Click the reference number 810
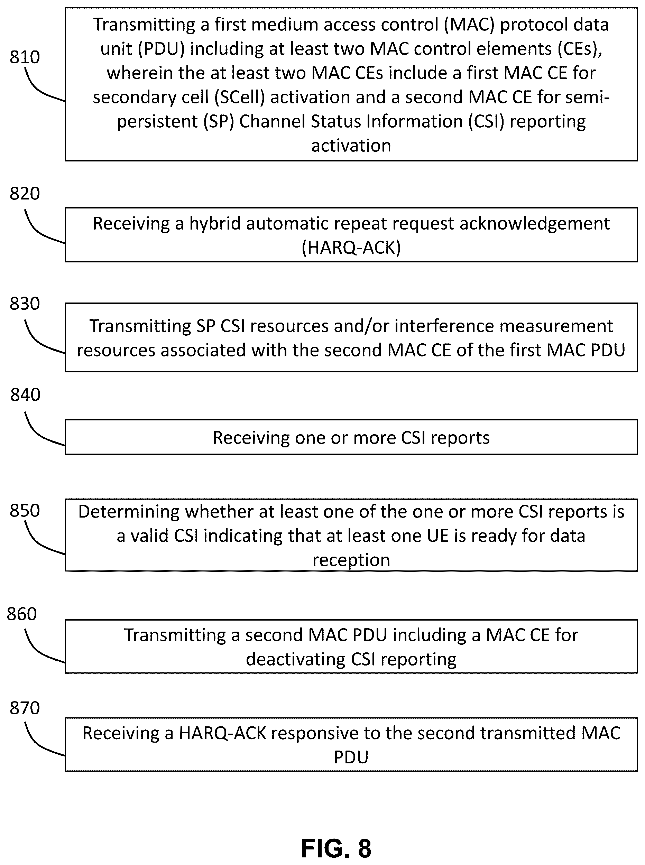coord(25,57)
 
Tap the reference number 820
coord(25,194)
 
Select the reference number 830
coord(25,304)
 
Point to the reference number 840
coord(25,395)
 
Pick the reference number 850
coord(25,511)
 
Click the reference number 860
coord(22,614)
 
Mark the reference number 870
coord(25,708)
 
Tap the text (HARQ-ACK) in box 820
coord(351,248)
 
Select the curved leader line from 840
coord(42,431)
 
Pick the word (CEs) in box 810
coord(580,49)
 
